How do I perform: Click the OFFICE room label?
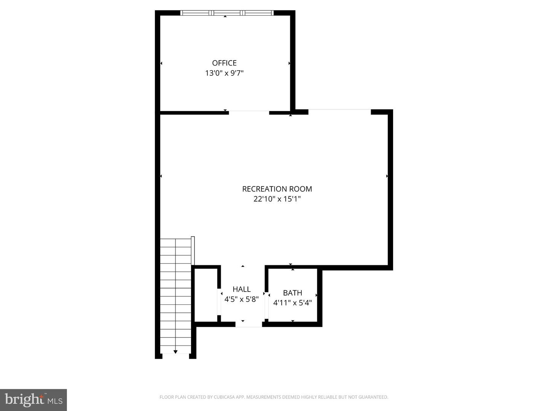[x=224, y=63]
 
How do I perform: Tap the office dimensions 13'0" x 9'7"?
[x=224, y=73]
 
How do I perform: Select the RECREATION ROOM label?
[x=277, y=189]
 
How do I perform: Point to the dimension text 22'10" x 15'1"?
[x=277, y=199]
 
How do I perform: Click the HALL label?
[x=242, y=289]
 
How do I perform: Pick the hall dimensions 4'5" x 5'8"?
[x=242, y=299]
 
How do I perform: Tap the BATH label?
[x=292, y=293]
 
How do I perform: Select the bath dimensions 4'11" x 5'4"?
[x=292, y=303]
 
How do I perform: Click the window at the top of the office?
[x=227, y=13]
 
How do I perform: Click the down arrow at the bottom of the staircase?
[x=175, y=352]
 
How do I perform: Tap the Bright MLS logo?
[x=33, y=400]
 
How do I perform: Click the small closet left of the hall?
[x=205, y=295]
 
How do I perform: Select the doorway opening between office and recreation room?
[x=249, y=112]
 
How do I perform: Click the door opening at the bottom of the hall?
[x=249, y=325]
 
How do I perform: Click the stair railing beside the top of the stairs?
[x=193, y=250]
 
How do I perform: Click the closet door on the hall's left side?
[x=219, y=303]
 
